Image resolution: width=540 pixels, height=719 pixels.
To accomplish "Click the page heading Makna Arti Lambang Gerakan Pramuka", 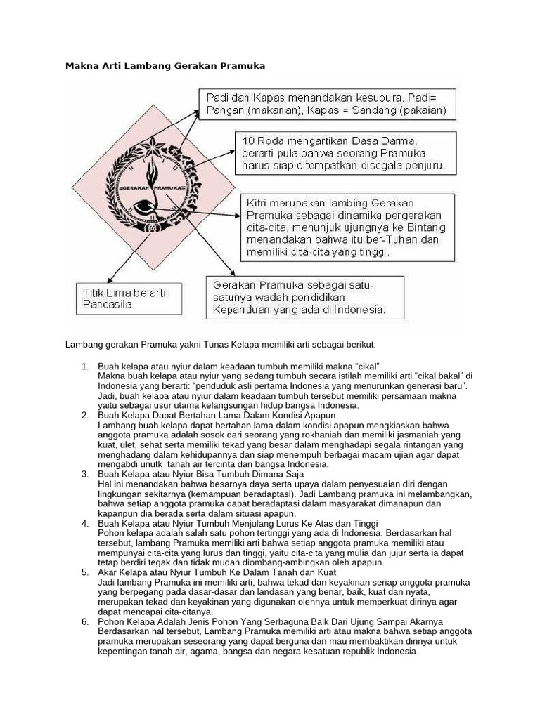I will (165, 66).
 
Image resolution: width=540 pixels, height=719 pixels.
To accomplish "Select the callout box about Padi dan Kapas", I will (326, 104).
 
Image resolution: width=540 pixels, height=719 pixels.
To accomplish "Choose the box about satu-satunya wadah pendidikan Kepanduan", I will (305, 297).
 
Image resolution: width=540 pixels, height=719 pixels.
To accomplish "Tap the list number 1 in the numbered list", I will (84, 367).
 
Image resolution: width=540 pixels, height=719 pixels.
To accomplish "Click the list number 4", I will (84, 524).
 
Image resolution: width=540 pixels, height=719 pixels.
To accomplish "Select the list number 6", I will (84, 621).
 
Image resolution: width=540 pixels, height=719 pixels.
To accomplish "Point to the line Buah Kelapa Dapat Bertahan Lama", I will (198, 416).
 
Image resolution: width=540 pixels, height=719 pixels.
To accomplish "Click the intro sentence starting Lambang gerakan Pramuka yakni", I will (221, 345).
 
